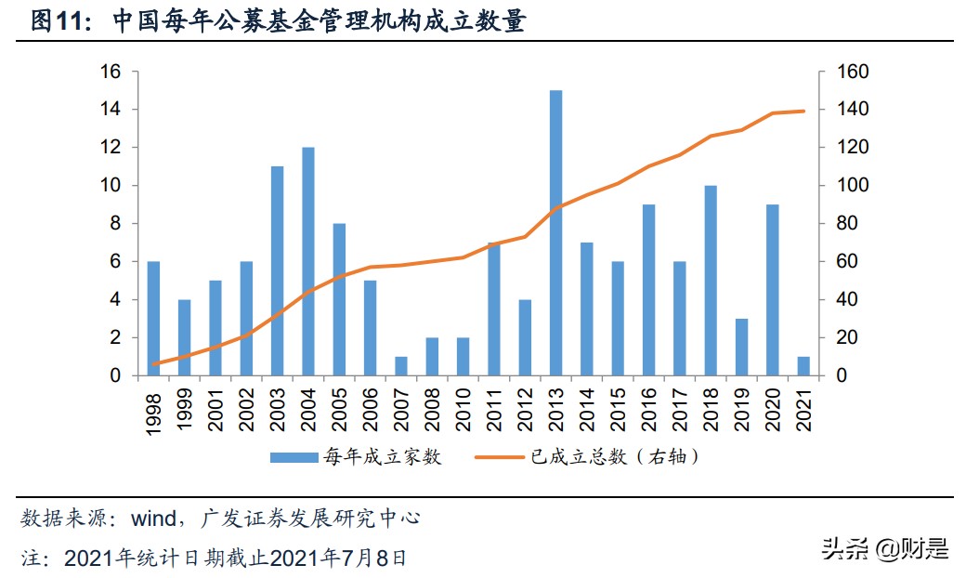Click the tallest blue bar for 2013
[x=555, y=232]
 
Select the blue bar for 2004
[x=308, y=261]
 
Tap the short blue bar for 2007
[x=401, y=366]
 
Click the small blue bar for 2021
[x=803, y=366]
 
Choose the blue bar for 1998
[x=154, y=319]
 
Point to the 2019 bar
[x=741, y=347]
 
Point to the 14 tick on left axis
[x=111, y=110]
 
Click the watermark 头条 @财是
[x=884, y=548]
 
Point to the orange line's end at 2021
[x=803, y=111]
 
